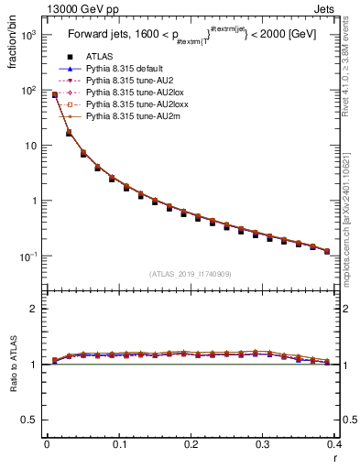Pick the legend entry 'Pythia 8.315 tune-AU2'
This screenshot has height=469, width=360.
(129, 82)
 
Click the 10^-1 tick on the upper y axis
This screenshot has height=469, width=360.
(29, 256)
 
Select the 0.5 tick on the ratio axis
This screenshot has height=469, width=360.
(29, 420)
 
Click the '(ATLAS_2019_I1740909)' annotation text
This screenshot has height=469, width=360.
(191, 274)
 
